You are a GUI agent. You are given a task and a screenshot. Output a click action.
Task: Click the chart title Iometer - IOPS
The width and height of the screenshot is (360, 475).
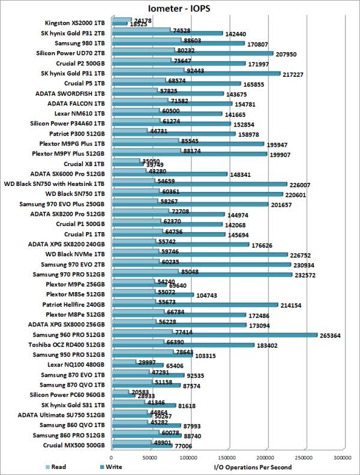coord(179,8)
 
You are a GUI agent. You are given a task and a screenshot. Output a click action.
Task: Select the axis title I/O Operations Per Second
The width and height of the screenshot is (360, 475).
coord(253,467)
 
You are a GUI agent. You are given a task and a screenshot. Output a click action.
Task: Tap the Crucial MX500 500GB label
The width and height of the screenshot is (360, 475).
coord(74,445)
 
